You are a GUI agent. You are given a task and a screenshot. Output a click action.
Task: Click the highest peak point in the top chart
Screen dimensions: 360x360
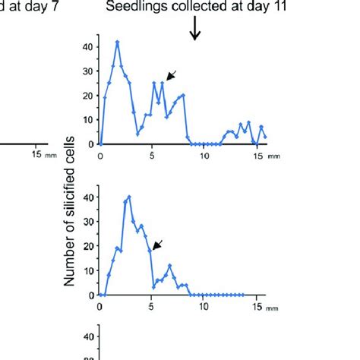[x=118, y=43]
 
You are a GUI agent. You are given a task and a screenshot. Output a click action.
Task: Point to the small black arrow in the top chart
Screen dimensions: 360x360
[x=172, y=74]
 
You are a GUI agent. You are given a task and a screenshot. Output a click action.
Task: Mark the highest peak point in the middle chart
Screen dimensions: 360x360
[x=129, y=197]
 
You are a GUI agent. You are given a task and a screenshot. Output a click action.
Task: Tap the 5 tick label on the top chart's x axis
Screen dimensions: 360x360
[x=153, y=156]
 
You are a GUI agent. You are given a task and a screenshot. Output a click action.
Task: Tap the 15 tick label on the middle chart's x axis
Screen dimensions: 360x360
[x=257, y=307]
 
